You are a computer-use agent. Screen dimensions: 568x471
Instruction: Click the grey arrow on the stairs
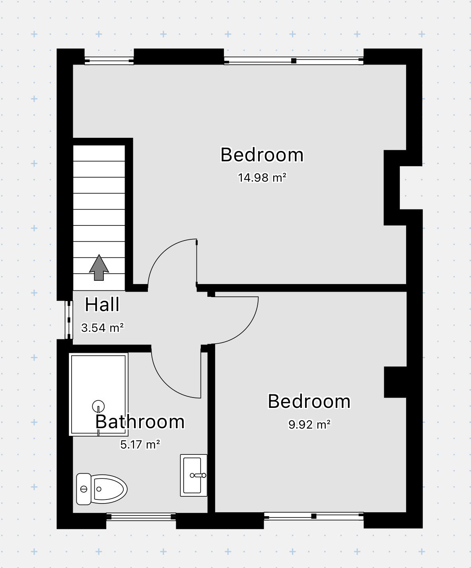(x=99, y=268)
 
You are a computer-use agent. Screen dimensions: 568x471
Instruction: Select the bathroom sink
(x=194, y=475)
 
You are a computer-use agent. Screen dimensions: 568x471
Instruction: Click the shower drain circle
(x=98, y=406)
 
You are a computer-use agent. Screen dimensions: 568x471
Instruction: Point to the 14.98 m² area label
(x=262, y=177)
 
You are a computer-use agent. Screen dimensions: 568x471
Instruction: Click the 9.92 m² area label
(x=309, y=425)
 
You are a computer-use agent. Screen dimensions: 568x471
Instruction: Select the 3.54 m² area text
(x=102, y=328)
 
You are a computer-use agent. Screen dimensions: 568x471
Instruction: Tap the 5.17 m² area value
(x=140, y=444)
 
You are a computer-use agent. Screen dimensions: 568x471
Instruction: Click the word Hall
(x=102, y=305)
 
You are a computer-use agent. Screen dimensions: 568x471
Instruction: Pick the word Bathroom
(x=140, y=422)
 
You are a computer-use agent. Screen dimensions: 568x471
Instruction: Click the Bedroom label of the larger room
(x=262, y=155)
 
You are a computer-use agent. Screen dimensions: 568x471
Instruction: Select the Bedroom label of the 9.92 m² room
(x=309, y=401)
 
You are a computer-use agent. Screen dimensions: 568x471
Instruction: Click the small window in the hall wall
(x=69, y=319)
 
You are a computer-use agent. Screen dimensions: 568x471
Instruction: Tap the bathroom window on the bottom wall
(x=141, y=517)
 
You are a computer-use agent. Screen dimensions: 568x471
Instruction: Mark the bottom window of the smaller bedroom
(x=313, y=516)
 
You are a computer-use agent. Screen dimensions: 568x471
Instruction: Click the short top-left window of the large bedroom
(x=109, y=61)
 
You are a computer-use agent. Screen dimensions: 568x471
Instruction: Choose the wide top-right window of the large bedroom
(x=294, y=61)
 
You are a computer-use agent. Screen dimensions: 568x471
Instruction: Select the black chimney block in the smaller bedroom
(x=395, y=382)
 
